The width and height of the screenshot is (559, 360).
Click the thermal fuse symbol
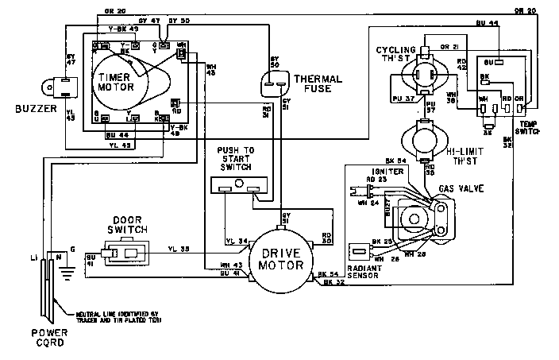[x=275, y=82]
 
